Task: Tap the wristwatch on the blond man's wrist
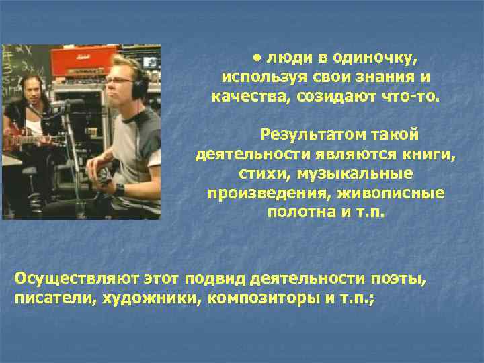[x=120, y=189]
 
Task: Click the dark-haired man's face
[x=33, y=93]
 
